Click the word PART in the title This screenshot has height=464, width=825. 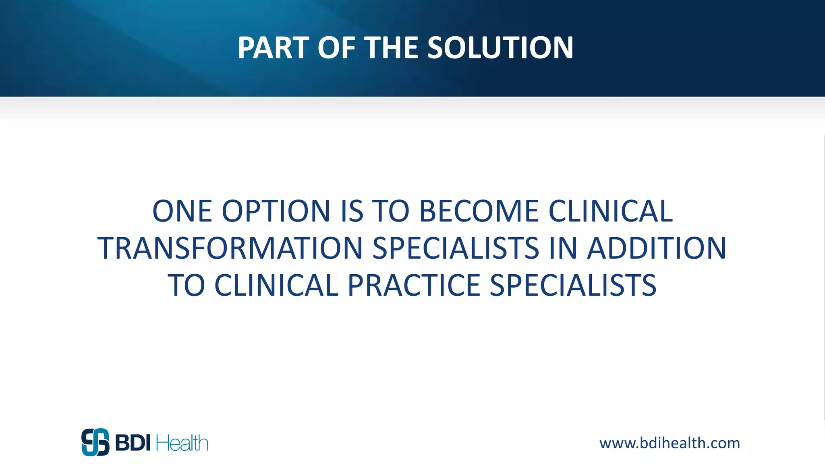(274, 48)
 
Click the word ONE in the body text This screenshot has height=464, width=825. (182, 211)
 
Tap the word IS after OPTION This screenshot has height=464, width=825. (352, 211)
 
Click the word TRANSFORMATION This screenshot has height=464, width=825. (230, 248)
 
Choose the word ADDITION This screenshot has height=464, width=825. (657, 248)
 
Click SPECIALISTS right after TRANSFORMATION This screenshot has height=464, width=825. (456, 248)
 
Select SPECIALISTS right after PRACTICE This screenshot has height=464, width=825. (573, 285)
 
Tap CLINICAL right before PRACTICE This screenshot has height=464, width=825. (276, 285)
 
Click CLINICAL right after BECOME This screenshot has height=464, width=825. (611, 211)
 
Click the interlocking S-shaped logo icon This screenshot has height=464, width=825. (95, 442)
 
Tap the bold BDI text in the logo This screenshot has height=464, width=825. (133, 443)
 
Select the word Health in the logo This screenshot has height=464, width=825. (182, 443)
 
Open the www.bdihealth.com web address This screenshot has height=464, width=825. (670, 443)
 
